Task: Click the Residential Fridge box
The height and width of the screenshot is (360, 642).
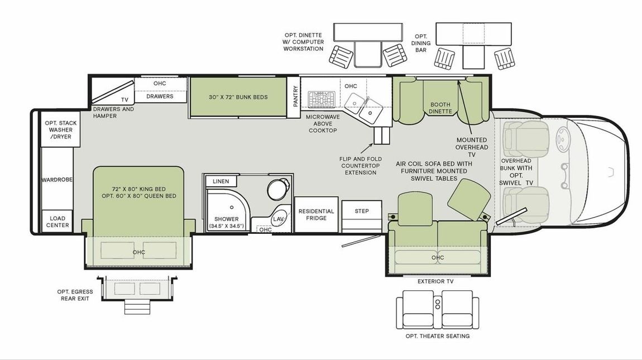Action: click(x=316, y=214)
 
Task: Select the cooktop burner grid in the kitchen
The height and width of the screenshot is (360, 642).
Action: click(x=320, y=99)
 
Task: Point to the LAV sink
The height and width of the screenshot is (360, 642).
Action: click(x=278, y=219)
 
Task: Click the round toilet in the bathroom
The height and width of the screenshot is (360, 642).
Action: click(x=277, y=189)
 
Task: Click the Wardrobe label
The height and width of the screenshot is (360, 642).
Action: click(x=58, y=180)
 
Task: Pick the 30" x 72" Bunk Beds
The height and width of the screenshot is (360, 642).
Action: click(x=238, y=97)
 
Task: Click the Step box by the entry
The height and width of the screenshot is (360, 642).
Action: click(x=362, y=211)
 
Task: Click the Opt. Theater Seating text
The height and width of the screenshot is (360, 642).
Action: click(x=437, y=336)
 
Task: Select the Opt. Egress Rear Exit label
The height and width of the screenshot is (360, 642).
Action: click(x=75, y=295)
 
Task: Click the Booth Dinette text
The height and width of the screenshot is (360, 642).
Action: click(x=440, y=108)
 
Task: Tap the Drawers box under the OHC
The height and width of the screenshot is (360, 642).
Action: click(x=160, y=96)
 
